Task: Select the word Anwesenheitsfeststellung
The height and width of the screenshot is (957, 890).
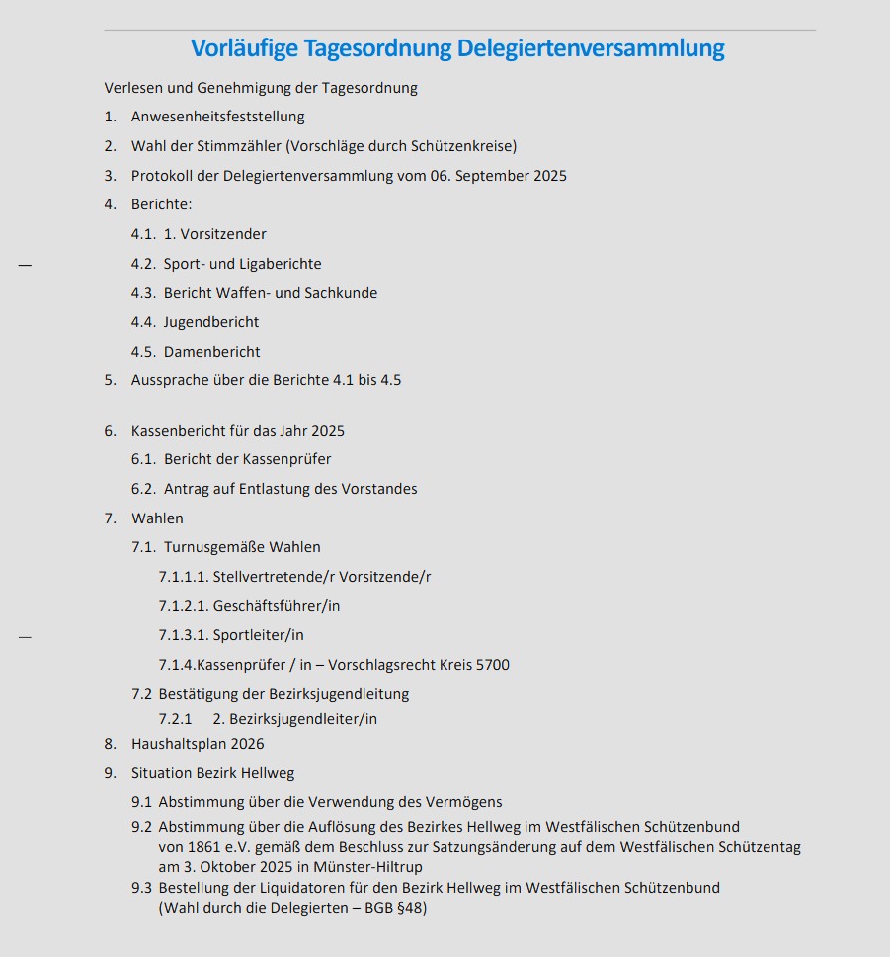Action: coord(217,117)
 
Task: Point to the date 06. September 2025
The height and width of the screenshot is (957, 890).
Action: coord(498,176)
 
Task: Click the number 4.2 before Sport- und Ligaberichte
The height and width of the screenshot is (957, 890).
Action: coord(143,264)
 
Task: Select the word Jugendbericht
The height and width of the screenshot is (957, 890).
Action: coord(211,322)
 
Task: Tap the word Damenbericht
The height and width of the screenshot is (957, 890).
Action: coord(212,352)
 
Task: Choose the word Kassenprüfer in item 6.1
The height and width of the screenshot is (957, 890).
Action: coord(286,459)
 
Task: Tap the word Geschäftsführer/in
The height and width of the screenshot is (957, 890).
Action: coord(277,606)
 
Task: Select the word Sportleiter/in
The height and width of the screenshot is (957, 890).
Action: coord(259,635)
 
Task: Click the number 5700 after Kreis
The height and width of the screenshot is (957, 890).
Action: coord(493,665)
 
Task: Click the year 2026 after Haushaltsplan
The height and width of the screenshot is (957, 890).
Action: coord(246,744)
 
